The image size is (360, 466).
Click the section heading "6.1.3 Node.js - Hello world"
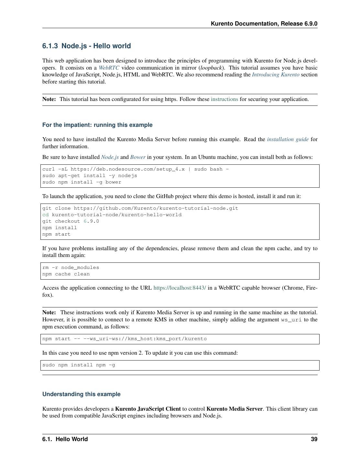point(86,46)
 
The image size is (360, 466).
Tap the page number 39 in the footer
point(314,439)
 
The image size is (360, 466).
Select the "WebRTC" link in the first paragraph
point(109,68)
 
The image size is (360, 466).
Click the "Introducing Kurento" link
point(276,75)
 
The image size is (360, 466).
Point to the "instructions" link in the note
point(224,99)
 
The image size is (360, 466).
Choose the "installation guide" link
point(288,139)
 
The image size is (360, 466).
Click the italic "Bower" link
point(138,157)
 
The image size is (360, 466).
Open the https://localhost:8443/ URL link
point(180,288)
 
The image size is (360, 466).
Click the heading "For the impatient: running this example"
point(97,125)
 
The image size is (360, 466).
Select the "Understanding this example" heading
point(81,394)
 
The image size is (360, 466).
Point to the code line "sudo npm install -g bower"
point(82,182)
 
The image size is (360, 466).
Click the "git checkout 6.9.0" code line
point(71,221)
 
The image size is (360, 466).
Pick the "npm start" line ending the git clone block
point(56,234)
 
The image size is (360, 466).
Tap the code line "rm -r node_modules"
point(71,268)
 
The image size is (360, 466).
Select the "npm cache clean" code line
point(66,274)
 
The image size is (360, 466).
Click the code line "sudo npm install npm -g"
point(79,365)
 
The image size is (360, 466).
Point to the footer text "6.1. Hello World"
point(65,439)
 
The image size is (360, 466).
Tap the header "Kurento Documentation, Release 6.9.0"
point(264,24)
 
